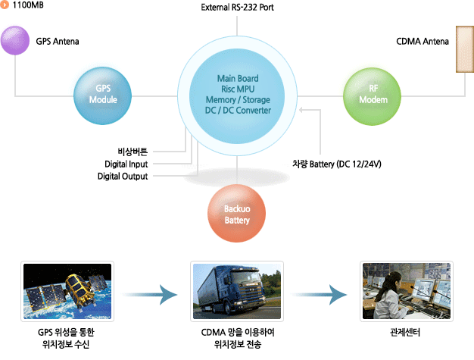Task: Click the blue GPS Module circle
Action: (102, 95)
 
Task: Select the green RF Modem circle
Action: (373, 95)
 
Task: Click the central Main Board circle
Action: (238, 95)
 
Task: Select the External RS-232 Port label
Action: (238, 8)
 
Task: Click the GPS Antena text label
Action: (58, 40)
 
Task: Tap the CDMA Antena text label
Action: (423, 41)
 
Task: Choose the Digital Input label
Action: (126, 164)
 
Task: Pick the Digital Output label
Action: (123, 177)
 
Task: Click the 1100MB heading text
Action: (28, 6)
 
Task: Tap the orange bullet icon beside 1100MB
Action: (5, 6)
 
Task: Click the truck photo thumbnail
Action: (238, 291)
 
